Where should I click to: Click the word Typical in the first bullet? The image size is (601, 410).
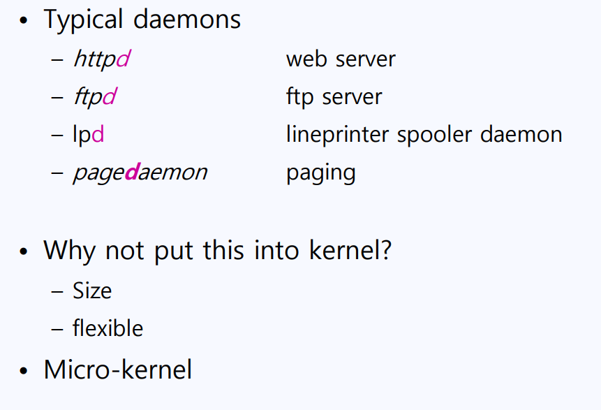[83, 20]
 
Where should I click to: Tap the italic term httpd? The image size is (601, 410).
[101, 59]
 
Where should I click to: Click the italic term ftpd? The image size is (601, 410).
[94, 96]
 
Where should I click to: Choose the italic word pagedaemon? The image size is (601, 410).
[140, 172]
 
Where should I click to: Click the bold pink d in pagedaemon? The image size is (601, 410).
[131, 171]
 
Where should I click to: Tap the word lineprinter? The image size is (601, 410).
[338, 133]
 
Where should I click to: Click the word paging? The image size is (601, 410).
[320, 173]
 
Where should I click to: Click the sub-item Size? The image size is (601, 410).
[92, 290]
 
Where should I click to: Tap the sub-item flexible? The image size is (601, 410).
[107, 328]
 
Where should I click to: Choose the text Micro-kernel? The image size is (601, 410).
[117, 369]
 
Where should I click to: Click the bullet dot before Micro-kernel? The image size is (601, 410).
[26, 371]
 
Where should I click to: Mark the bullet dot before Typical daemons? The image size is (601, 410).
[26, 21]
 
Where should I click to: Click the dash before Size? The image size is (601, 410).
[57, 291]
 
